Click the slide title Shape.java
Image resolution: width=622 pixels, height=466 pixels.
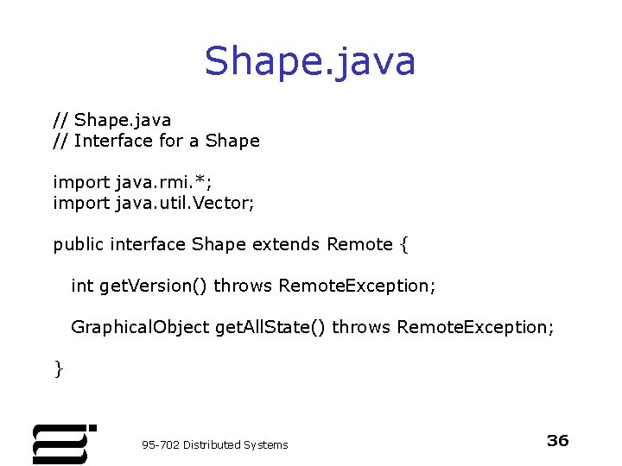point(310,61)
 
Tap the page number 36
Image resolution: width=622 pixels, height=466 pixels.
point(558,441)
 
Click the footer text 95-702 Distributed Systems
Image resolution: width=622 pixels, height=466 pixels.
point(215,444)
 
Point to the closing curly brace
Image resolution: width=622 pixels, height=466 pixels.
point(58,368)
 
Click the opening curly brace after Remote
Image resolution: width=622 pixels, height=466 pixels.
point(403,245)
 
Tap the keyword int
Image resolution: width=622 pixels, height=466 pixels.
point(82,286)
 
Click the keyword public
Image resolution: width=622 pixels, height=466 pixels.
point(79,244)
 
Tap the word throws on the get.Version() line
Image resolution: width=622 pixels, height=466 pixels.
point(244,286)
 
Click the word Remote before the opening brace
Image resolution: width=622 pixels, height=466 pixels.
point(359,244)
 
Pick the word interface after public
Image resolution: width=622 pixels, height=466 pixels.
point(148,244)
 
